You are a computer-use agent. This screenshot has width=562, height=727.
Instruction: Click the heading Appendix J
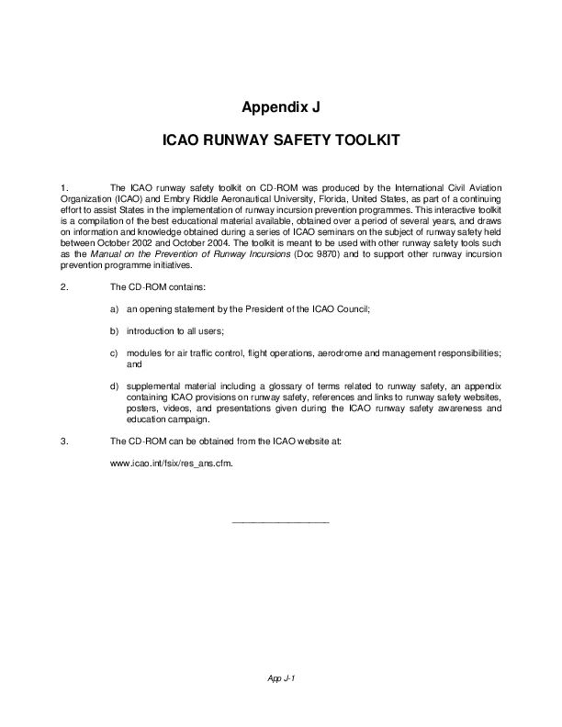[280, 107]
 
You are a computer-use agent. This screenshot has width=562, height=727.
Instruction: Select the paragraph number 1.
[62, 187]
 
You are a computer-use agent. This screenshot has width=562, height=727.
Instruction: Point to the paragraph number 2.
[62, 287]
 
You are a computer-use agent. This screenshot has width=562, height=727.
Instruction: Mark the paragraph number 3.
[62, 442]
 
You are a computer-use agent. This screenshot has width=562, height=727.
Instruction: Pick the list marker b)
[115, 330]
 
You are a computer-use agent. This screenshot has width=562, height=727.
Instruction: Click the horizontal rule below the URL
[280, 522]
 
